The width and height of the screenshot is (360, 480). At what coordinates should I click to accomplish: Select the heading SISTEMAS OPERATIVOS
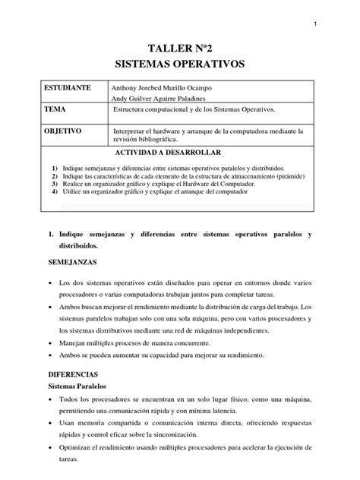click(x=179, y=65)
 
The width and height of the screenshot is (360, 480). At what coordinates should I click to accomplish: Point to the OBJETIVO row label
click(x=63, y=131)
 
